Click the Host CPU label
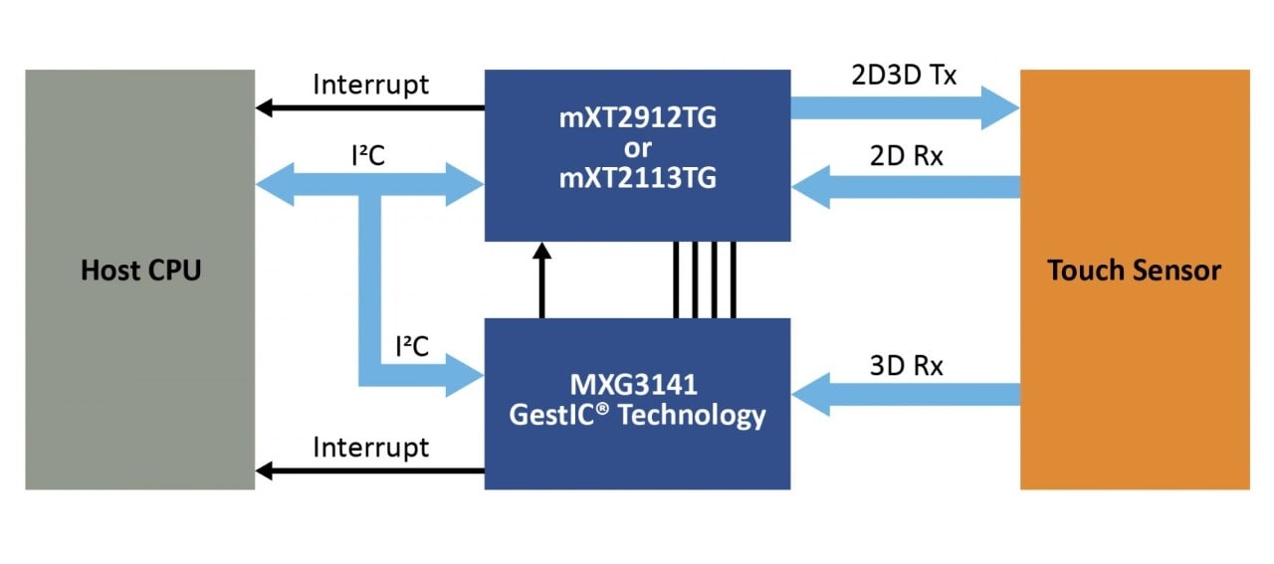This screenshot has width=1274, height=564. tap(140, 270)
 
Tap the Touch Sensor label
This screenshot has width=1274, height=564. tap(1134, 270)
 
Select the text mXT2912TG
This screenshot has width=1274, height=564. tap(637, 120)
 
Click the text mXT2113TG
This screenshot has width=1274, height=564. tap(637, 180)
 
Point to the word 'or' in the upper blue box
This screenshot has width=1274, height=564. tap(637, 150)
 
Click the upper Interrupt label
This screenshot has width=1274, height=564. tap(371, 85)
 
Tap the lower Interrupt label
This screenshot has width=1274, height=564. tap(371, 448)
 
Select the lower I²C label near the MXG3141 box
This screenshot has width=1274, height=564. tap(411, 346)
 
